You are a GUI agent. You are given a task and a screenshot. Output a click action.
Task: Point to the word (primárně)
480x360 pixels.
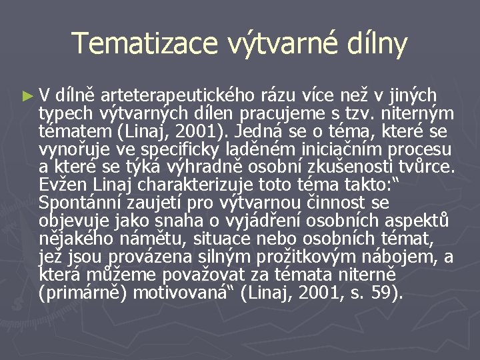coord(83,293)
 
